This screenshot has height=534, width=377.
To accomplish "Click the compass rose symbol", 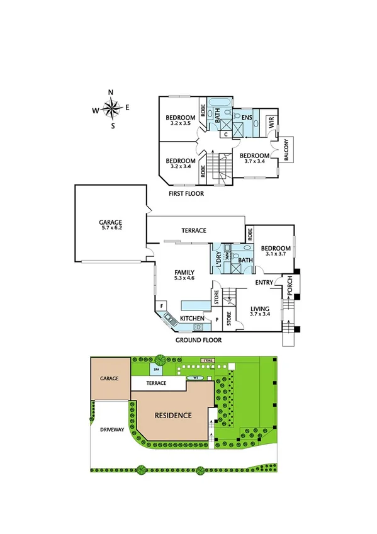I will pyautogui.click(x=111, y=109).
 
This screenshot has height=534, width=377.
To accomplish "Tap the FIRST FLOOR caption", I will pyautogui.click(x=186, y=194).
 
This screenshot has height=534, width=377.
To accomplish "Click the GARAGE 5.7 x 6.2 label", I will pyautogui.click(x=110, y=225).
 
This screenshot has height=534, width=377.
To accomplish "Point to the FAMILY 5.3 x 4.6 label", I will pyautogui.click(x=184, y=275).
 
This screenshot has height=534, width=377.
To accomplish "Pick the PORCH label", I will pyautogui.click(x=290, y=287).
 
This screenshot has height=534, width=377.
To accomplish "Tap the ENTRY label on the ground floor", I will pyautogui.click(x=264, y=283).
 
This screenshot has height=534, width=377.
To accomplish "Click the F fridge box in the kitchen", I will pyautogui.click(x=163, y=306).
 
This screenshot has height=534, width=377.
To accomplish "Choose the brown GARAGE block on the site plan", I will pyautogui.click(x=110, y=379).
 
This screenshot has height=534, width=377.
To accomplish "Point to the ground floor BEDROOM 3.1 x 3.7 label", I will pyautogui.click(x=276, y=251).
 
